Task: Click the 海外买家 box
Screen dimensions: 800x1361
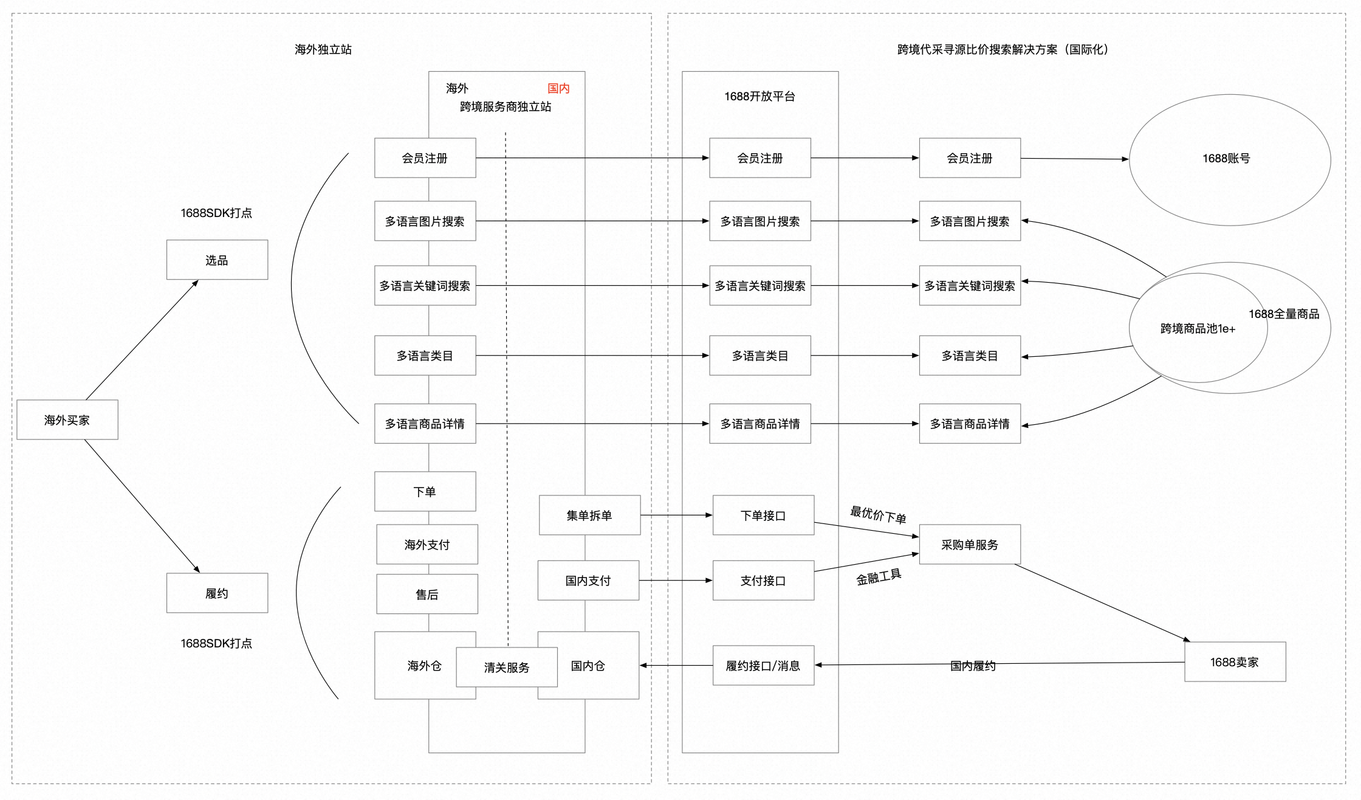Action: [x=67, y=419]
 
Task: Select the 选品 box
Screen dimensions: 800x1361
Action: [x=217, y=260]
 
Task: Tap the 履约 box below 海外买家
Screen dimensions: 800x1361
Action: [x=217, y=593]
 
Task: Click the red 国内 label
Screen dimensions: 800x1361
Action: [x=558, y=88]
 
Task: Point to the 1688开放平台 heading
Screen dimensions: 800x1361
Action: [x=759, y=96]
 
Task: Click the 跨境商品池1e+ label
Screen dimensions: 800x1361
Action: [x=1198, y=328]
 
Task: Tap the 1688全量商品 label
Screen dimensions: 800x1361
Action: [x=1284, y=314]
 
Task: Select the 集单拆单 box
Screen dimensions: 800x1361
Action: [x=589, y=515]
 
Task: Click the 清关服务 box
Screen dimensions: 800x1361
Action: [x=507, y=667]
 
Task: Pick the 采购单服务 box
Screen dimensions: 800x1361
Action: [x=970, y=544]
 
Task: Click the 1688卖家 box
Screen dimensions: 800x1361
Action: [x=1235, y=661]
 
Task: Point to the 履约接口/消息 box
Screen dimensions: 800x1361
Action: [x=763, y=665]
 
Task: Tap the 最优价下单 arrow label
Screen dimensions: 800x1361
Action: [x=878, y=514]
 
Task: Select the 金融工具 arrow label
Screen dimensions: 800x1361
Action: [x=879, y=577]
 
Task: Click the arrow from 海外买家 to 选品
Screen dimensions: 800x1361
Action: [x=142, y=340]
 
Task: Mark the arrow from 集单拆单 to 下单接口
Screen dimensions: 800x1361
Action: [x=676, y=515]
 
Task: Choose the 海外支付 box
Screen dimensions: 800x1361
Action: [x=427, y=544]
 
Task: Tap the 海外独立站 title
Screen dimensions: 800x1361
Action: [x=323, y=49]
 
